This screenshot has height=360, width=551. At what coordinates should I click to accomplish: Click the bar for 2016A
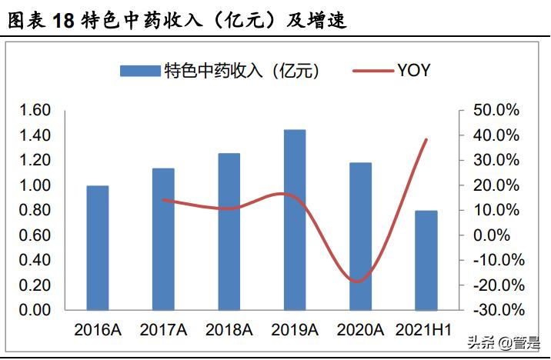tap(97, 248)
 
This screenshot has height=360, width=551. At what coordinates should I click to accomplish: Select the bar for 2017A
tap(163, 239)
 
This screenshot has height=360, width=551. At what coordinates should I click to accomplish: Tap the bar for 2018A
tap(229, 232)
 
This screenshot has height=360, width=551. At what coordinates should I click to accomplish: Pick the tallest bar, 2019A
tap(295, 220)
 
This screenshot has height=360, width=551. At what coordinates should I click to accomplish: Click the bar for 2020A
tap(360, 236)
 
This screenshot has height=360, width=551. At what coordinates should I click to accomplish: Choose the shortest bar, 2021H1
tap(426, 260)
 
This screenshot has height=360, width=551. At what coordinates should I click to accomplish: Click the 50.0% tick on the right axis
tap(496, 111)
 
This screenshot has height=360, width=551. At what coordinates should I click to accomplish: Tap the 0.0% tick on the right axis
tap(499, 235)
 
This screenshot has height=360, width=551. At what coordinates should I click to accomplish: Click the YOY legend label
tap(413, 72)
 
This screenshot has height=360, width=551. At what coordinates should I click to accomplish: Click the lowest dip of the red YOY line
tap(356, 282)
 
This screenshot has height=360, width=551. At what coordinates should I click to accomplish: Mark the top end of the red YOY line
tap(426, 139)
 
